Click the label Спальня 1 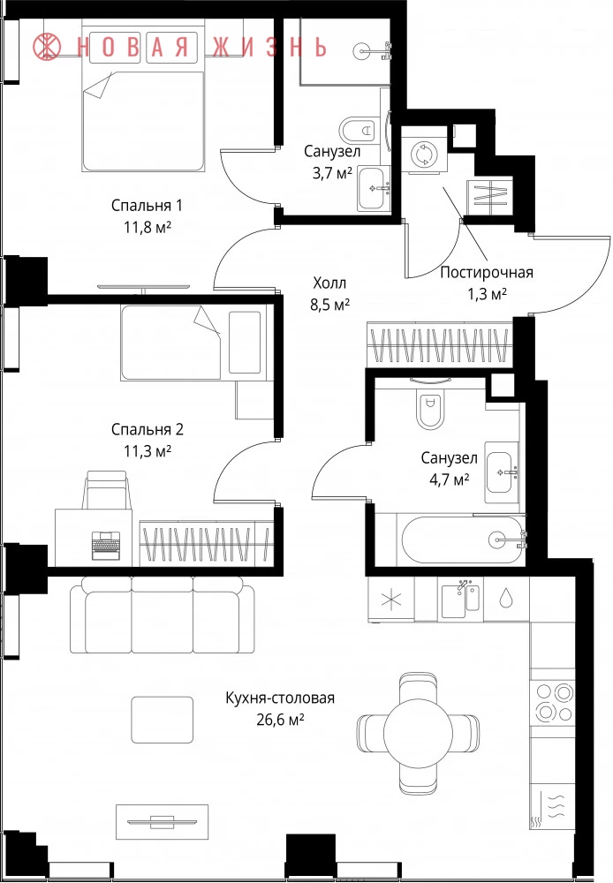[147, 206]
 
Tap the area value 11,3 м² [148, 451]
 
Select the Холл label [329, 283]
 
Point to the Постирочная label [486, 273]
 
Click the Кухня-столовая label [280, 698]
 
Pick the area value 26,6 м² [280, 720]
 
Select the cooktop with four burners [553, 702]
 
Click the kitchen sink [460, 600]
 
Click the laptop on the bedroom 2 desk [107, 545]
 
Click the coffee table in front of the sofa [163, 720]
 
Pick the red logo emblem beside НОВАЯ [47, 47]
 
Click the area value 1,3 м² [487, 293]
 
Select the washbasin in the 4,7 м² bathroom [502, 472]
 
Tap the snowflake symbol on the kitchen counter [390, 600]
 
